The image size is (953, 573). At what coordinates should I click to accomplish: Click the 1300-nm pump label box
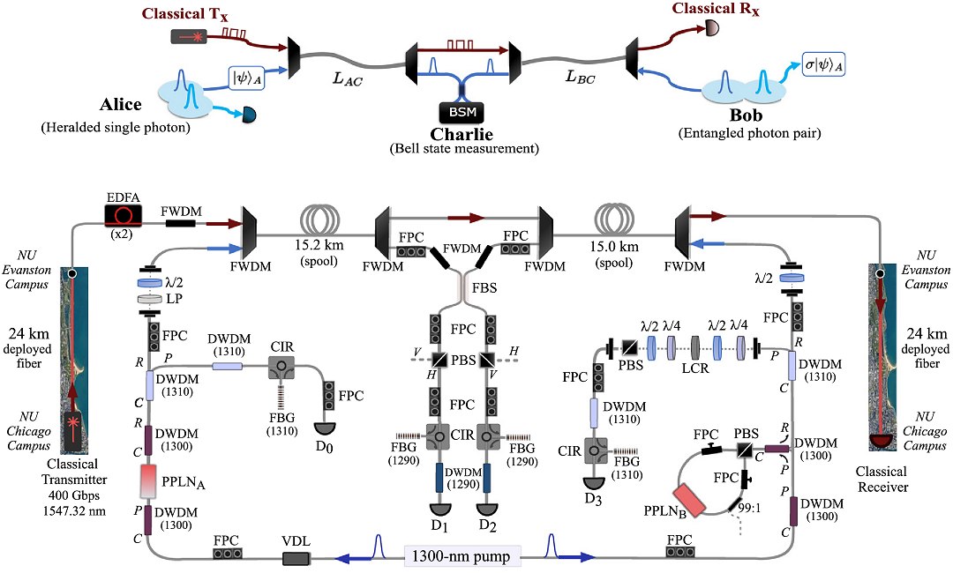pyautogui.click(x=463, y=556)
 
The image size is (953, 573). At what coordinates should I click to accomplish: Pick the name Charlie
pyautogui.click(x=458, y=134)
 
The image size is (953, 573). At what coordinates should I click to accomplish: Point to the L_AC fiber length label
pyautogui.click(x=348, y=77)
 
